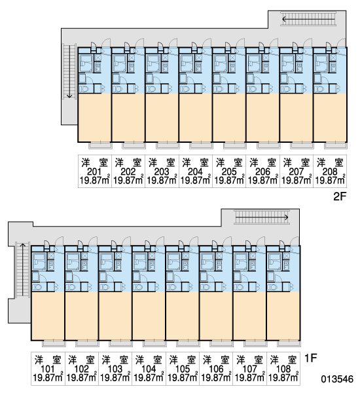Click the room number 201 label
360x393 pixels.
[94, 172]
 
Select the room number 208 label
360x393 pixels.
[330, 172]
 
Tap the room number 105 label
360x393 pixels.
[183, 369]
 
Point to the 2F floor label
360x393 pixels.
[340, 196]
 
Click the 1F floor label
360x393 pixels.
[311, 358]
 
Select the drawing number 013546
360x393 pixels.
[337, 379]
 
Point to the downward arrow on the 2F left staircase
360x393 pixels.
[69, 71]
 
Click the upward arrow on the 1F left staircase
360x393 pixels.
[22, 269]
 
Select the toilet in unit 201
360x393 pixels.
[83, 88]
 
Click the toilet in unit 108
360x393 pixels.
[271, 287]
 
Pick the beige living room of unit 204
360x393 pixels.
[196, 117]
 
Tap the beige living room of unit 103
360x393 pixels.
[115, 316]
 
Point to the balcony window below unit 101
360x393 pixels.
[54, 343]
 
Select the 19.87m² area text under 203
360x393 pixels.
[162, 180]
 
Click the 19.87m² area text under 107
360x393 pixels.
[250, 377]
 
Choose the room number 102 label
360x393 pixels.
[81, 369]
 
